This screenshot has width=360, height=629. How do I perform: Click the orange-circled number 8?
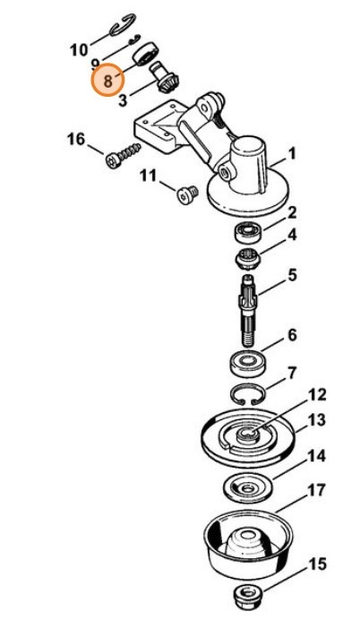click(107, 81)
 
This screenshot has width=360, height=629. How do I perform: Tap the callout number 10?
click(79, 50)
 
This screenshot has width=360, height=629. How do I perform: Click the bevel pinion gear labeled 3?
click(166, 77)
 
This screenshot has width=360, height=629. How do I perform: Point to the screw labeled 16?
click(123, 155)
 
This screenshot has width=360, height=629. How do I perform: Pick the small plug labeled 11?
click(187, 194)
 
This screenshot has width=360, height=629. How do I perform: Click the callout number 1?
click(292, 153)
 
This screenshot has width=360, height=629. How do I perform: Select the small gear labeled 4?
click(248, 260)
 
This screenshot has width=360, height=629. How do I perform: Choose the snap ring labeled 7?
click(248, 395)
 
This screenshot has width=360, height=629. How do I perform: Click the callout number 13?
click(316, 420)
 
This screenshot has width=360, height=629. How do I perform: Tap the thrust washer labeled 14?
click(245, 488)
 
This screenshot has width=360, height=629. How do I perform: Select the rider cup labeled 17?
click(248, 545)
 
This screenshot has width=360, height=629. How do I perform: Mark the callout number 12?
click(317, 395)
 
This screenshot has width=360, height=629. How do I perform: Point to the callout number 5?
click(293, 276)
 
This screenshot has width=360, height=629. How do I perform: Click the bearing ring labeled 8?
click(146, 54)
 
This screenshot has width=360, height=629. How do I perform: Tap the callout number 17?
click(317, 490)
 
